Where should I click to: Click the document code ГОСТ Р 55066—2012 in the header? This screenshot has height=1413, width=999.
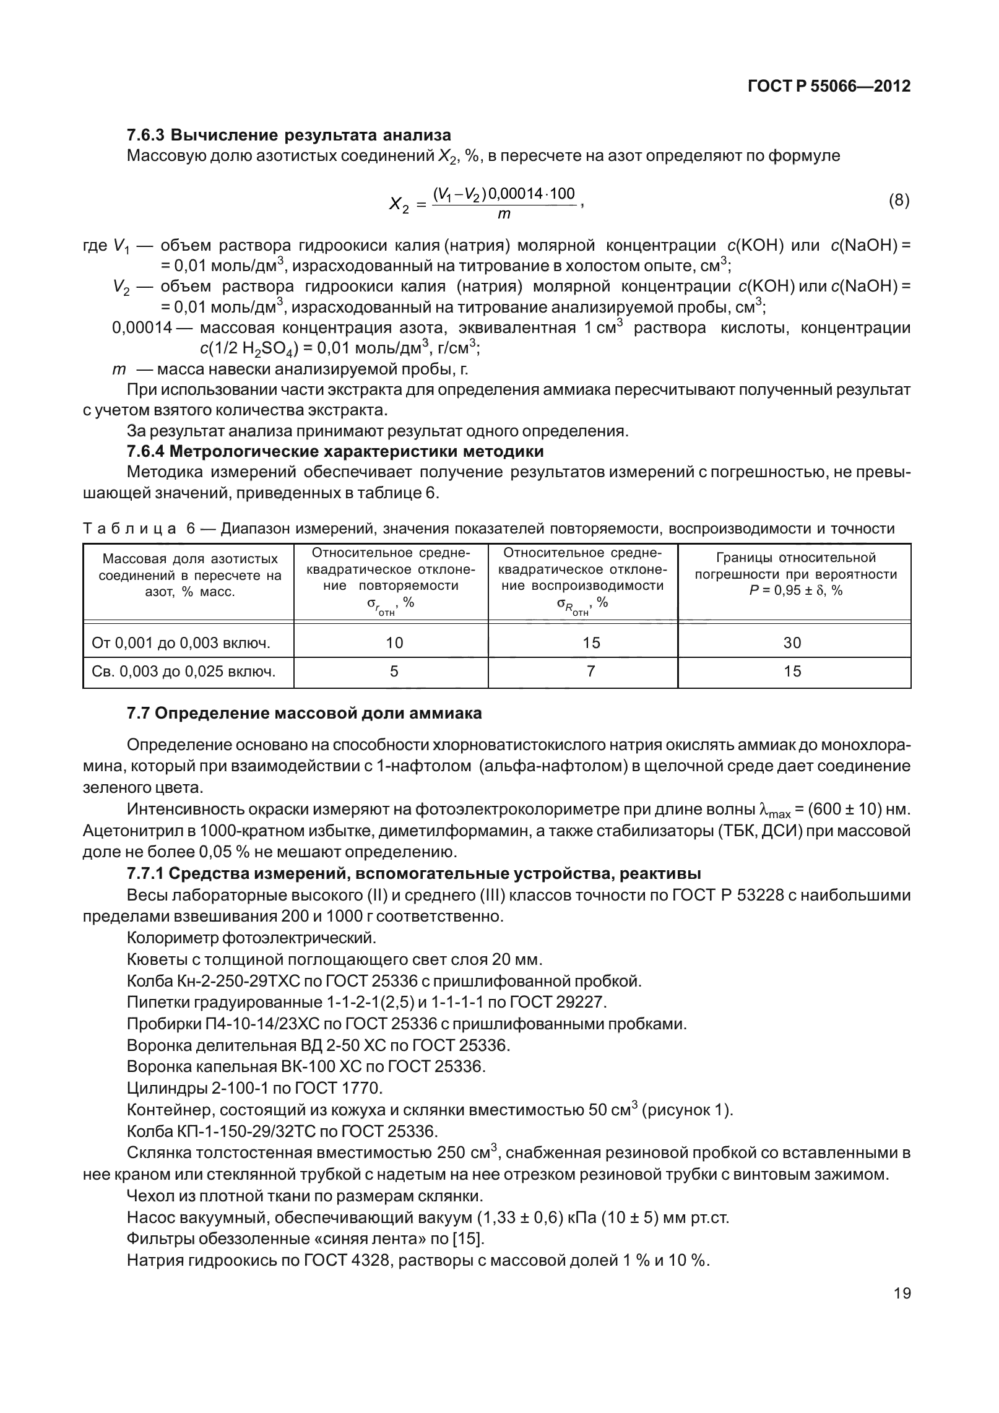[x=829, y=86]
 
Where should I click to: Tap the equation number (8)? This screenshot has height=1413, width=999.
[x=899, y=201]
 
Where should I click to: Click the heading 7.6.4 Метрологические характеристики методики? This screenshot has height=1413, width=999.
[x=335, y=451]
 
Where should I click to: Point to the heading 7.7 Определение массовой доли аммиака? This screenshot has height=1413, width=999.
[x=304, y=713]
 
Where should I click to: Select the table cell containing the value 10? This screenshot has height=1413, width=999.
[x=394, y=642]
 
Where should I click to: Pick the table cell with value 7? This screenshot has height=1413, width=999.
[x=590, y=671]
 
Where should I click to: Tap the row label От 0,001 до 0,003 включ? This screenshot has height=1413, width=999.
[x=181, y=642]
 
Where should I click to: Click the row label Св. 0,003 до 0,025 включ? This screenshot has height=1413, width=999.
[x=184, y=671]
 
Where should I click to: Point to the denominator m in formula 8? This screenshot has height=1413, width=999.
[x=504, y=215]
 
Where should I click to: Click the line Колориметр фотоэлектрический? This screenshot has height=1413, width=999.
[x=251, y=938]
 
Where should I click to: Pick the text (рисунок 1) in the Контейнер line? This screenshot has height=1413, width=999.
[x=687, y=1109]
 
